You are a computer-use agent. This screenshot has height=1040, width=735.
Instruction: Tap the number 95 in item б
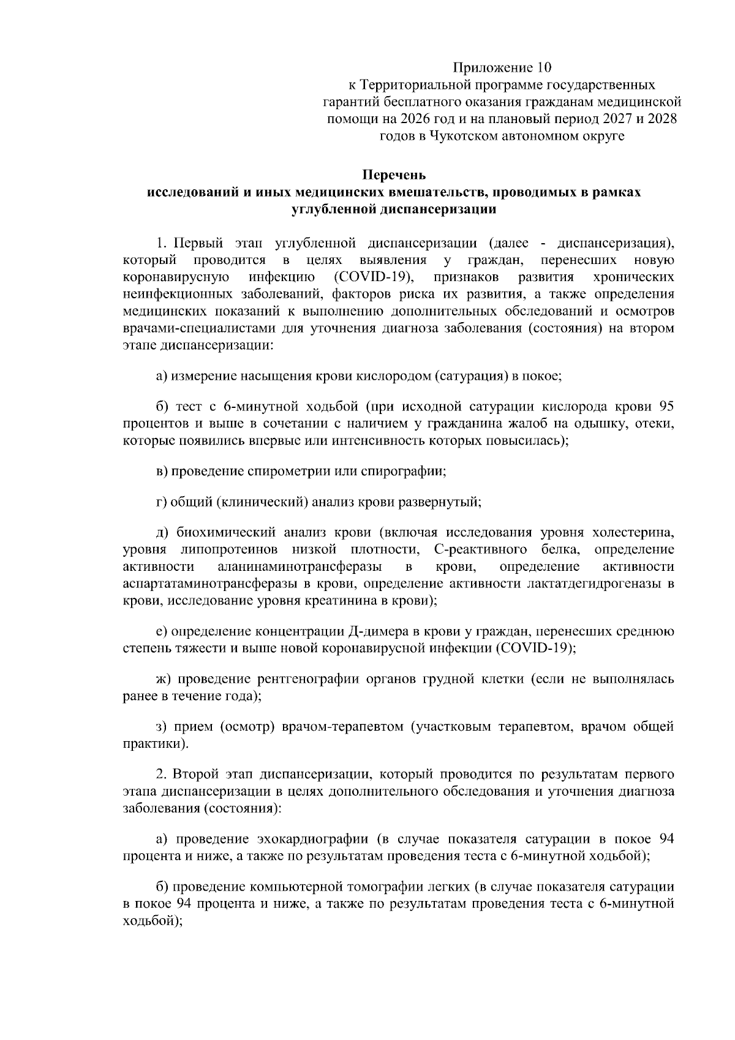point(666,406)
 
